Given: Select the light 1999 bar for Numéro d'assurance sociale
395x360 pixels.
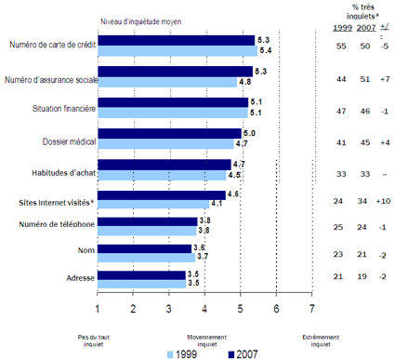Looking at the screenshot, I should (x=167, y=82).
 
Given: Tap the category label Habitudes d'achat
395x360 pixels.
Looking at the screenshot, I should (x=55, y=169).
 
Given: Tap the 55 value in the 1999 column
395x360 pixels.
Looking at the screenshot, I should (x=340, y=47).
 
